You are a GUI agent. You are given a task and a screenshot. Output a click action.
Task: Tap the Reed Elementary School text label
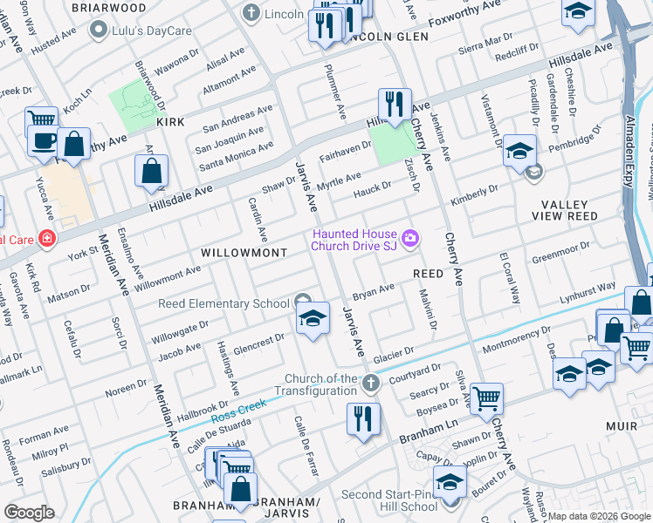(x=223, y=303)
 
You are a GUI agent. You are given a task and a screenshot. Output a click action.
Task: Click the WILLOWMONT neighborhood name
(x=244, y=252)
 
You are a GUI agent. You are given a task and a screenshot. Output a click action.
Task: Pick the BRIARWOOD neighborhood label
(x=109, y=8)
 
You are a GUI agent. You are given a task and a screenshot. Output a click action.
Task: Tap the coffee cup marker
(x=44, y=139)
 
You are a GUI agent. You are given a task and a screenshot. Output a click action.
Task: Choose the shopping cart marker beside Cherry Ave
(x=486, y=398)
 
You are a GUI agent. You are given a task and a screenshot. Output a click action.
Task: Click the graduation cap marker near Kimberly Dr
(x=519, y=151)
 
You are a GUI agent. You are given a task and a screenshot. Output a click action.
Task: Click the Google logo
(x=29, y=512)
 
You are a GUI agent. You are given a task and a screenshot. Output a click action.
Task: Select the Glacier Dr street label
(x=393, y=357)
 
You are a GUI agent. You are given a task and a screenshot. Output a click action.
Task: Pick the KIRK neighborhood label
(x=170, y=122)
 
